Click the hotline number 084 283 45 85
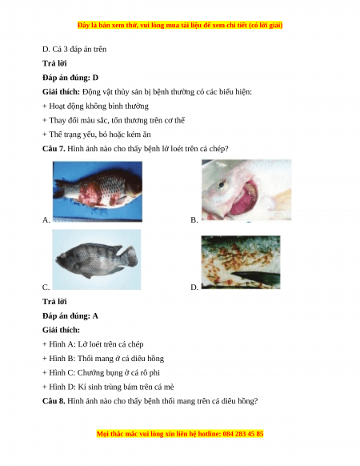242,434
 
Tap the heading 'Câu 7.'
54,149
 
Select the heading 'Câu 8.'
54,401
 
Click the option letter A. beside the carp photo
46,220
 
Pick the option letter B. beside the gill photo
194,220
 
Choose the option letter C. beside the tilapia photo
46,287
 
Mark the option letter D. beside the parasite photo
194,287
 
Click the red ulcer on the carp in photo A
90,195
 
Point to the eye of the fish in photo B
222,184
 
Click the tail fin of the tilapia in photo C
131,256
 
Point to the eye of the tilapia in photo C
63,255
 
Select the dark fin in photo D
255,277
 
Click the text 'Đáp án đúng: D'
70,78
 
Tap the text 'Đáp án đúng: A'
70,315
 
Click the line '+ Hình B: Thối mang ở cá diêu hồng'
103,359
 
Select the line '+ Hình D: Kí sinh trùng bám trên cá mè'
108,387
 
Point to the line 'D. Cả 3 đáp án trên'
74,50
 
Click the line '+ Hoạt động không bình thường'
95,106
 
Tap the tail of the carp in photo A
60,190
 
